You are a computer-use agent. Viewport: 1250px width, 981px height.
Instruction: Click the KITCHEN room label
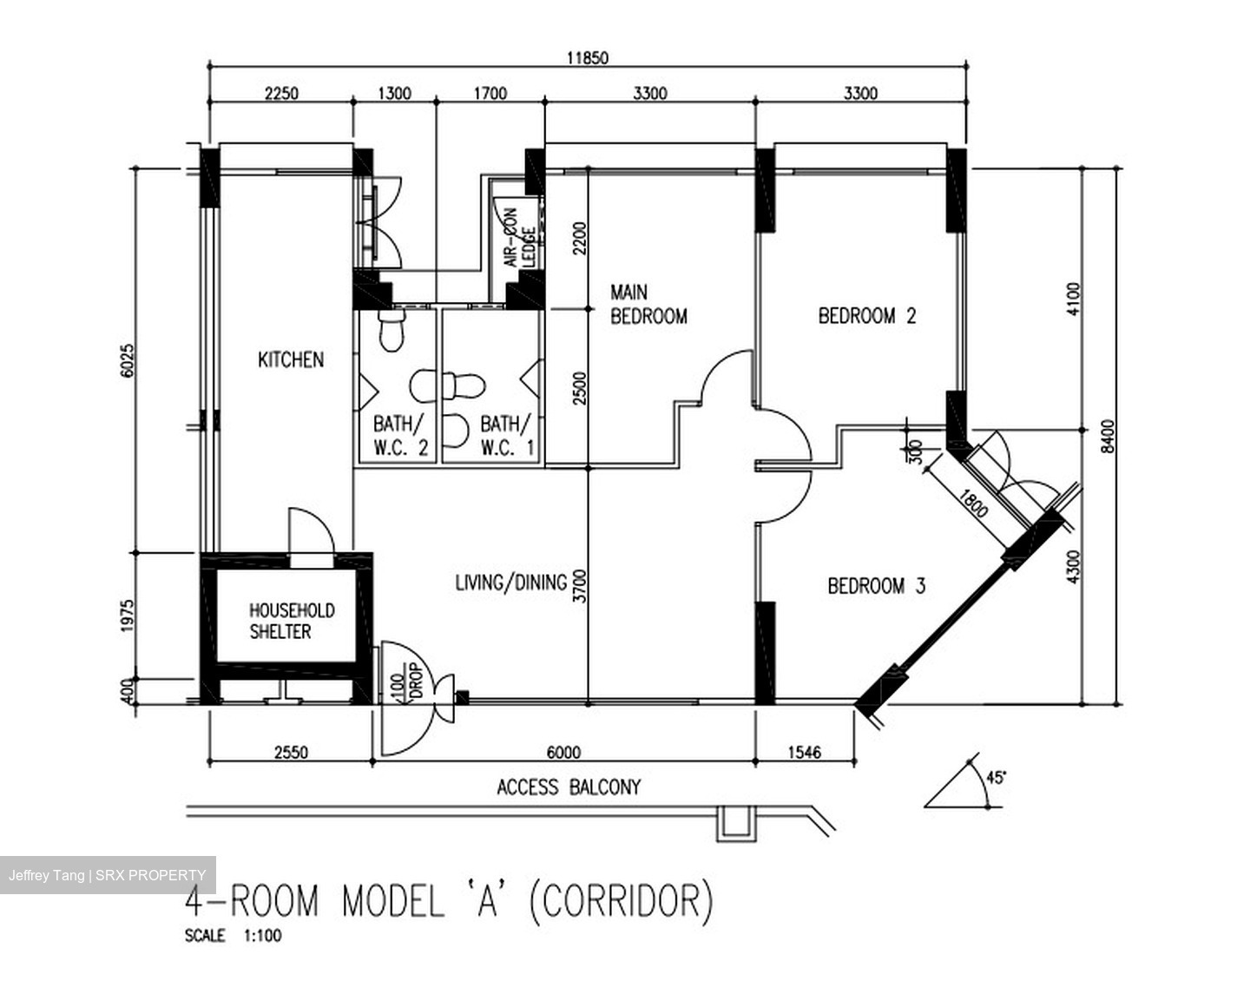pos(291,359)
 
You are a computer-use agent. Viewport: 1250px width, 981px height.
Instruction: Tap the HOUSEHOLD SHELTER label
pos(292,621)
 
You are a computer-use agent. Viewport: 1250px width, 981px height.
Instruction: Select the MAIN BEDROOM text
pos(648,305)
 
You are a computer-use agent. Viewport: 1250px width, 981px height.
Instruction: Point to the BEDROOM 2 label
pos(866,315)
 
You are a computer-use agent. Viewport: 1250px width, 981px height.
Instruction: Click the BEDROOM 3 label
pos(876,586)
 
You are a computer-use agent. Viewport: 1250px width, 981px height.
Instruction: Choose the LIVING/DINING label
pos(510,582)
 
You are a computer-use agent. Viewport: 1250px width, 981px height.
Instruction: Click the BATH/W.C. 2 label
pos(400,436)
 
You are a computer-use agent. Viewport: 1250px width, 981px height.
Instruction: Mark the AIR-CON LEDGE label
pos(518,237)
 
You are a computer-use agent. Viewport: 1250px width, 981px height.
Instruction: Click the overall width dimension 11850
pos(588,58)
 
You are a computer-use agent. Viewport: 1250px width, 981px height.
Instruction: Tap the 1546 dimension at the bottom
pos(804,752)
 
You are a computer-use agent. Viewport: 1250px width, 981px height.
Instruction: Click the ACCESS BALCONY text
pos(569,787)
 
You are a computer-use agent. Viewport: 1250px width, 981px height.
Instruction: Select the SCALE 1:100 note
pos(233,936)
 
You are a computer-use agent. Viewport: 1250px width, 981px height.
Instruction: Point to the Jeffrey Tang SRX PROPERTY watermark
pos(107,875)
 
